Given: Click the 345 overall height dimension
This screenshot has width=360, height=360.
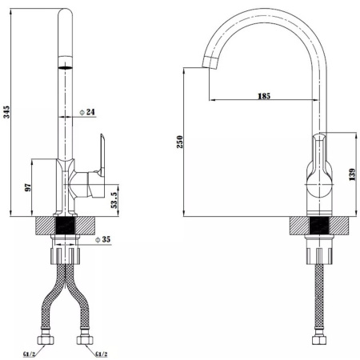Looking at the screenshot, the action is point(6,112).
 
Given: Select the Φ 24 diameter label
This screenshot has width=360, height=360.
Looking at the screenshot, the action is point(87,112).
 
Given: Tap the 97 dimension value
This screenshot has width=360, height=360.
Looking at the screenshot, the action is point(28,187).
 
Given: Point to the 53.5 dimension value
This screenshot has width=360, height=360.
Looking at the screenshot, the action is point(114,200).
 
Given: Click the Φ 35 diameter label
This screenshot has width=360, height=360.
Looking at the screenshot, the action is point(102,239).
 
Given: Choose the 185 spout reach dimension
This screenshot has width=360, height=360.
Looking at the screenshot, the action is point(264,96).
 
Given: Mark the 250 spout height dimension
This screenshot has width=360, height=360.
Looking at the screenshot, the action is point(180,142).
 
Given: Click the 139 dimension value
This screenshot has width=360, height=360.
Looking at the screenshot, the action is point(352,174).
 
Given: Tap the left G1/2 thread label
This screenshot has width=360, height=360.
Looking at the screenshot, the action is point(29,354).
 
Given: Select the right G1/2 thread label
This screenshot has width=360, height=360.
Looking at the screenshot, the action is point(102,354).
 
